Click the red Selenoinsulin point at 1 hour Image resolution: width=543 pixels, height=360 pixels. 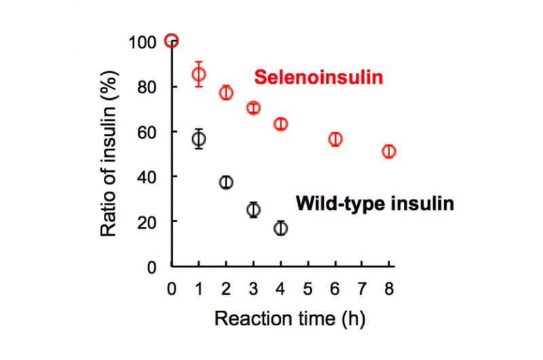coord(199,75)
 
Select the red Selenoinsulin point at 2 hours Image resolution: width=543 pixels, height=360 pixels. coord(226,93)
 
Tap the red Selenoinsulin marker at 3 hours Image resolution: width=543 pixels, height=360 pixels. coord(253,108)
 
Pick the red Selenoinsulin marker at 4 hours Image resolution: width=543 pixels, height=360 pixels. coord(280,124)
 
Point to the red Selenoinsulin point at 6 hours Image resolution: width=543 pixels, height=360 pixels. coord(335,139)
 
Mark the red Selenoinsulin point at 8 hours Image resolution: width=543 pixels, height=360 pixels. coord(389,151)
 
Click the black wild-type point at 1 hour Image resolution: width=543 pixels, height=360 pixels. coord(199,139)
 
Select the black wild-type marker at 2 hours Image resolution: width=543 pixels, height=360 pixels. coord(226,182)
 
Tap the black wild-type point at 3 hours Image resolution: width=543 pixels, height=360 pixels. coord(253,210)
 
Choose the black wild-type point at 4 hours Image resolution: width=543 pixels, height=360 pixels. coord(280,228)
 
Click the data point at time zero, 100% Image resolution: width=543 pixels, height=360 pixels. coord(172,41)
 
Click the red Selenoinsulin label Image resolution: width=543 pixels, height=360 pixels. coord(318,78)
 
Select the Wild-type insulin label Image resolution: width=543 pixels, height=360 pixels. coord(375,203)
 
